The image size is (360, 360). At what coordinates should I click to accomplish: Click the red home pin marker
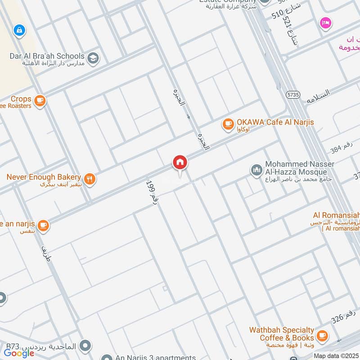pos(180,163)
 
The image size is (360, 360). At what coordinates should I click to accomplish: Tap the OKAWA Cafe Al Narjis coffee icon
pos(228,123)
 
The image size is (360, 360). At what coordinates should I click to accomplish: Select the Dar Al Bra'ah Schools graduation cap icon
pos(93,58)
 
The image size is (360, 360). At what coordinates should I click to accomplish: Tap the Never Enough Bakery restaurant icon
pos(90,179)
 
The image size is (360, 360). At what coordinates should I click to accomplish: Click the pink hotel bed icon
pos(325,22)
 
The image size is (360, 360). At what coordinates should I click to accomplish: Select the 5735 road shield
pos(292,94)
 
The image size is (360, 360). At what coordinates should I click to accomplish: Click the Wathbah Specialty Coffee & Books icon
pos(322,335)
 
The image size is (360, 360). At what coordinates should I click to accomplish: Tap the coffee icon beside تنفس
pos(43,225)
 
